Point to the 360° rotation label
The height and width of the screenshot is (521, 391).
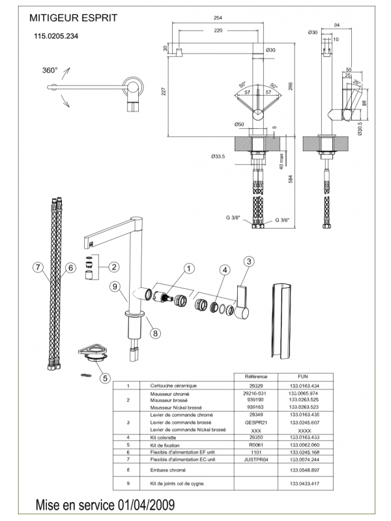(50, 70)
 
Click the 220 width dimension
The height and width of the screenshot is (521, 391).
(217, 30)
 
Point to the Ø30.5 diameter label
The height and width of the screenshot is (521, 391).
(359, 132)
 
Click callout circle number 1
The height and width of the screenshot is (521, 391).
(189, 268)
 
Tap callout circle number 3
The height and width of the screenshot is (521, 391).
(248, 262)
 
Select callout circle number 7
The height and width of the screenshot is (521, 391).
(38, 267)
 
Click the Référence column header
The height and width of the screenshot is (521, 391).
(255, 377)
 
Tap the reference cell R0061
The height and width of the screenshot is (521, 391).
(255, 445)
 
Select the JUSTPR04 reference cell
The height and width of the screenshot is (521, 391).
(255, 460)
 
